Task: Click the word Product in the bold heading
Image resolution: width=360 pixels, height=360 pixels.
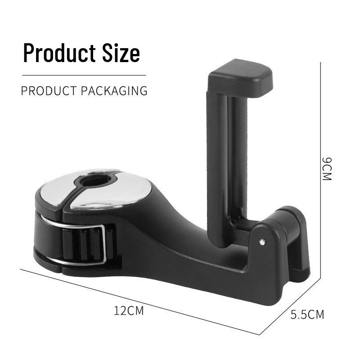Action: coord(59,53)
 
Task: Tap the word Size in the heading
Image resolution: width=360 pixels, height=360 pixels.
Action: coord(121,53)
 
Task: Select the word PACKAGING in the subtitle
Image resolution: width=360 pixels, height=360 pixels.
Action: coord(114,91)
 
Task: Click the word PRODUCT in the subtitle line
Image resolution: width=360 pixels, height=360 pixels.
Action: coord(49,91)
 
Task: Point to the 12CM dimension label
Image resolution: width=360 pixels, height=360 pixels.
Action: coord(129,310)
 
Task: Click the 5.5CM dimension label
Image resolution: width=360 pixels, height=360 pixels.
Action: coord(307,314)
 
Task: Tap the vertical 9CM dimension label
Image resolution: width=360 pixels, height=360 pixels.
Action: coord(327,169)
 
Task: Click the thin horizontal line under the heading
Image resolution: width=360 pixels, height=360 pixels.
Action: coord(84,75)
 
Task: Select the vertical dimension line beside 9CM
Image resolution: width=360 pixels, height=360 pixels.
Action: coord(320,170)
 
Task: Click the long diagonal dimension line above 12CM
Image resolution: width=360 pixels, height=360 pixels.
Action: coord(140,302)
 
